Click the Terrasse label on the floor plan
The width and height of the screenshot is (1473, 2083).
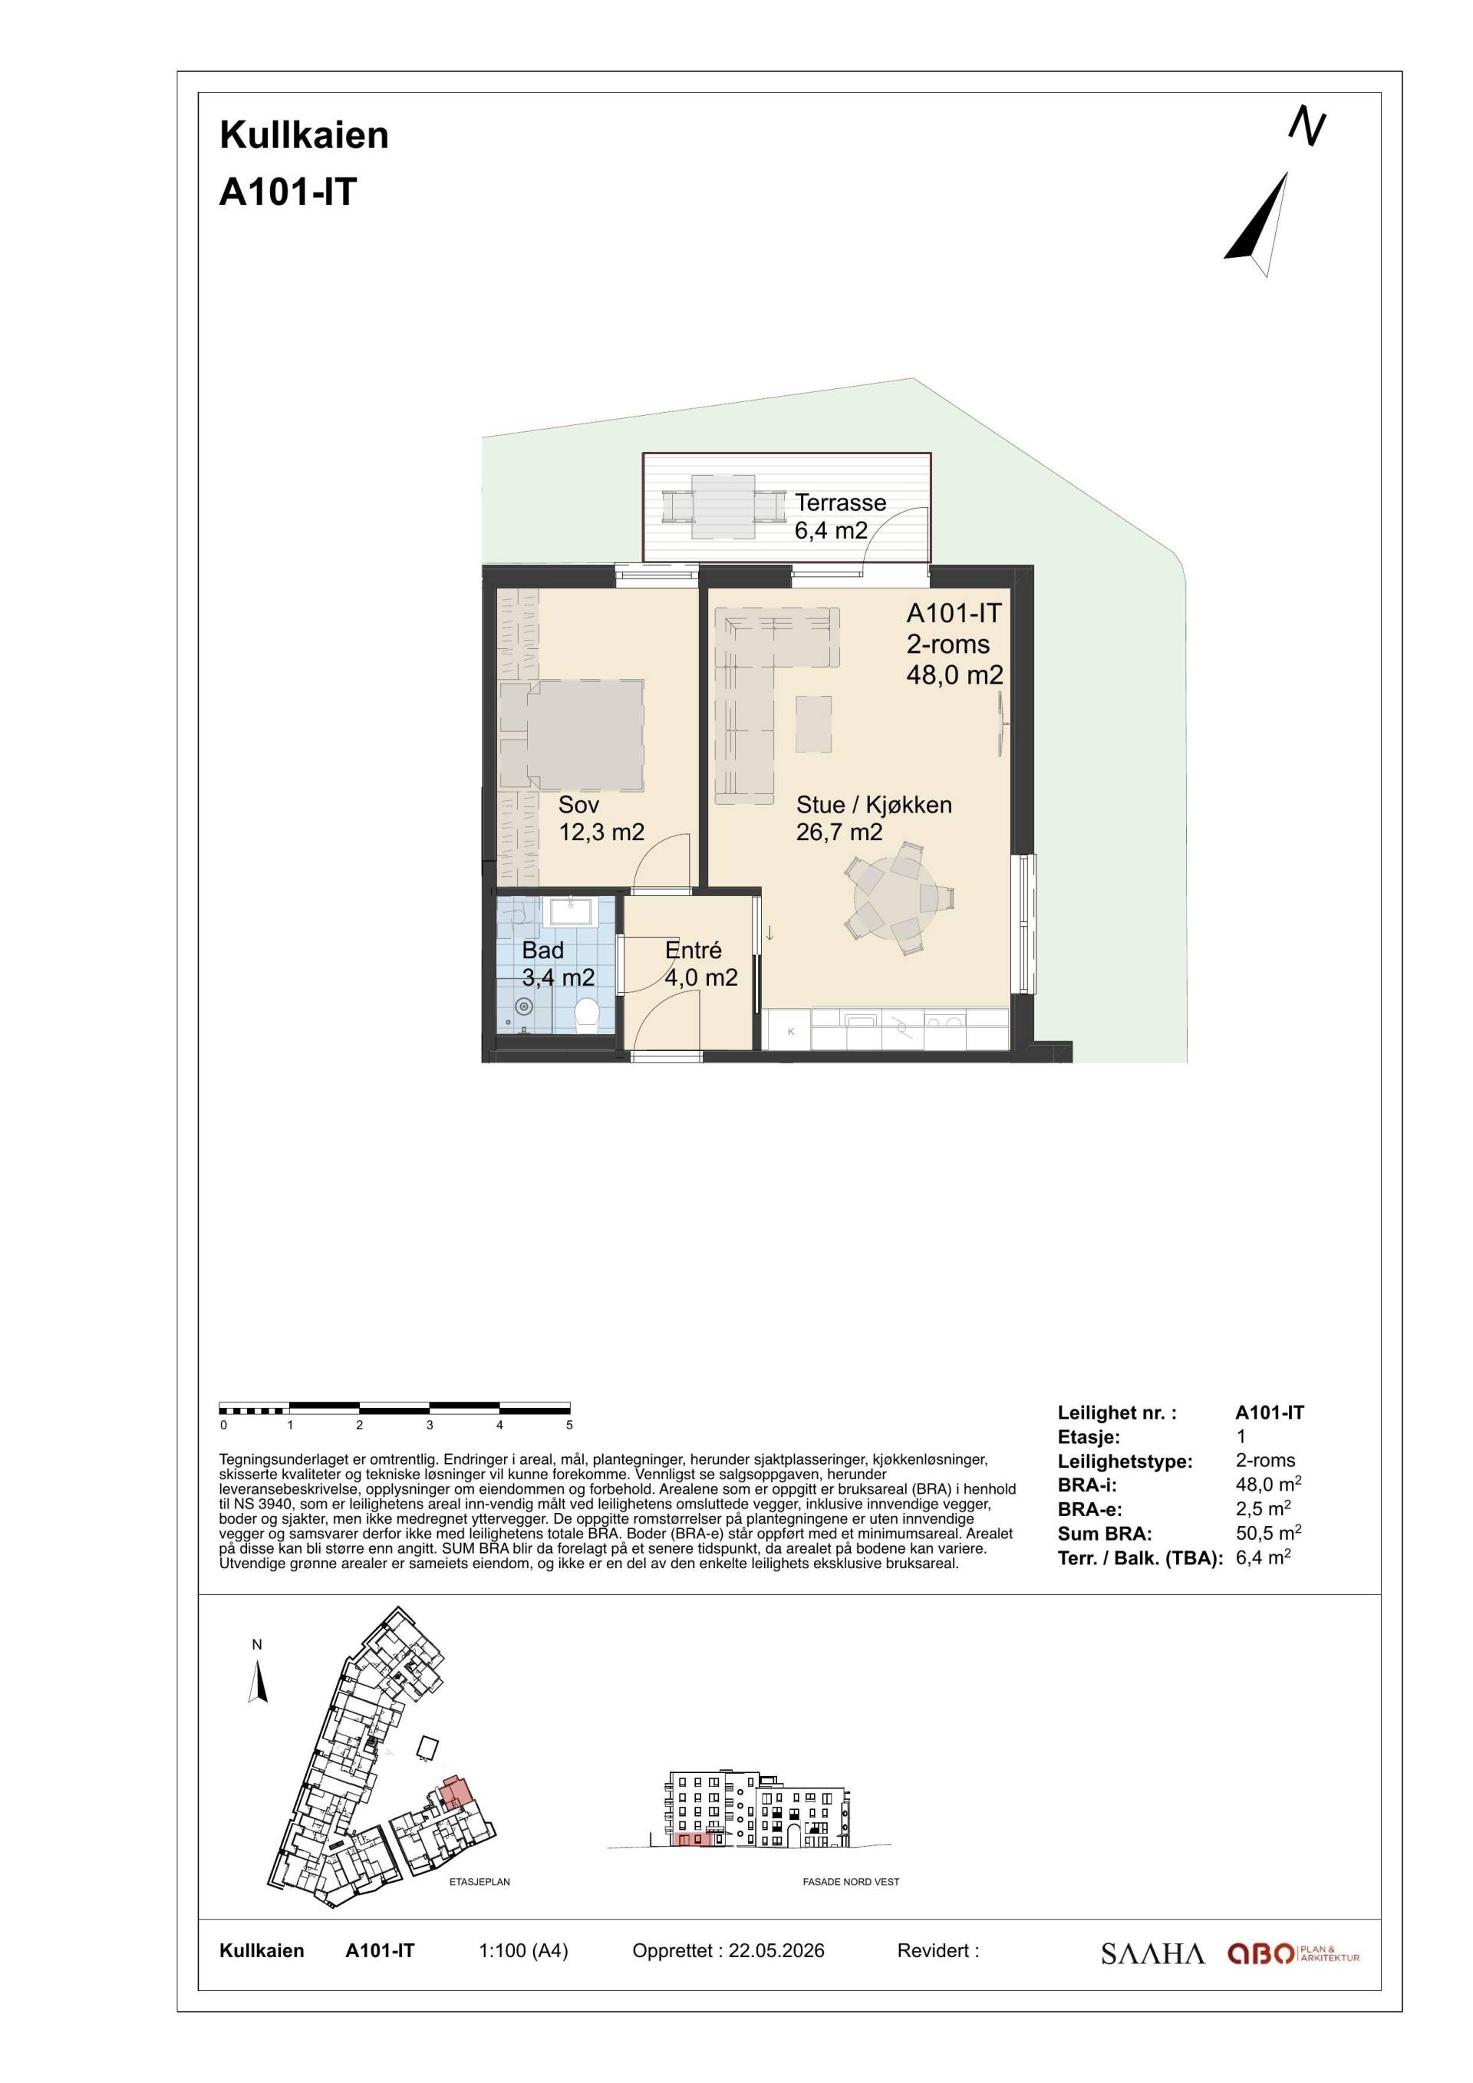(x=840, y=503)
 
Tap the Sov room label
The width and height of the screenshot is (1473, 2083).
(x=578, y=805)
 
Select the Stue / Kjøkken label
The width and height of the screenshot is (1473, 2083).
(x=874, y=805)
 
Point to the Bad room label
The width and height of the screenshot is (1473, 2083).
(x=542, y=950)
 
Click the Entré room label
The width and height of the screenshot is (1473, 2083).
(x=693, y=950)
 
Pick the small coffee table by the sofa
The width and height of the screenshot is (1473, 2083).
(x=813, y=723)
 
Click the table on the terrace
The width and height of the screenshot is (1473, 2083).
(x=723, y=506)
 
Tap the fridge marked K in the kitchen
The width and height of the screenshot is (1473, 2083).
(x=789, y=1030)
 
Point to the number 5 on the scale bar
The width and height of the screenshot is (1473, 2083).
(x=569, y=1425)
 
